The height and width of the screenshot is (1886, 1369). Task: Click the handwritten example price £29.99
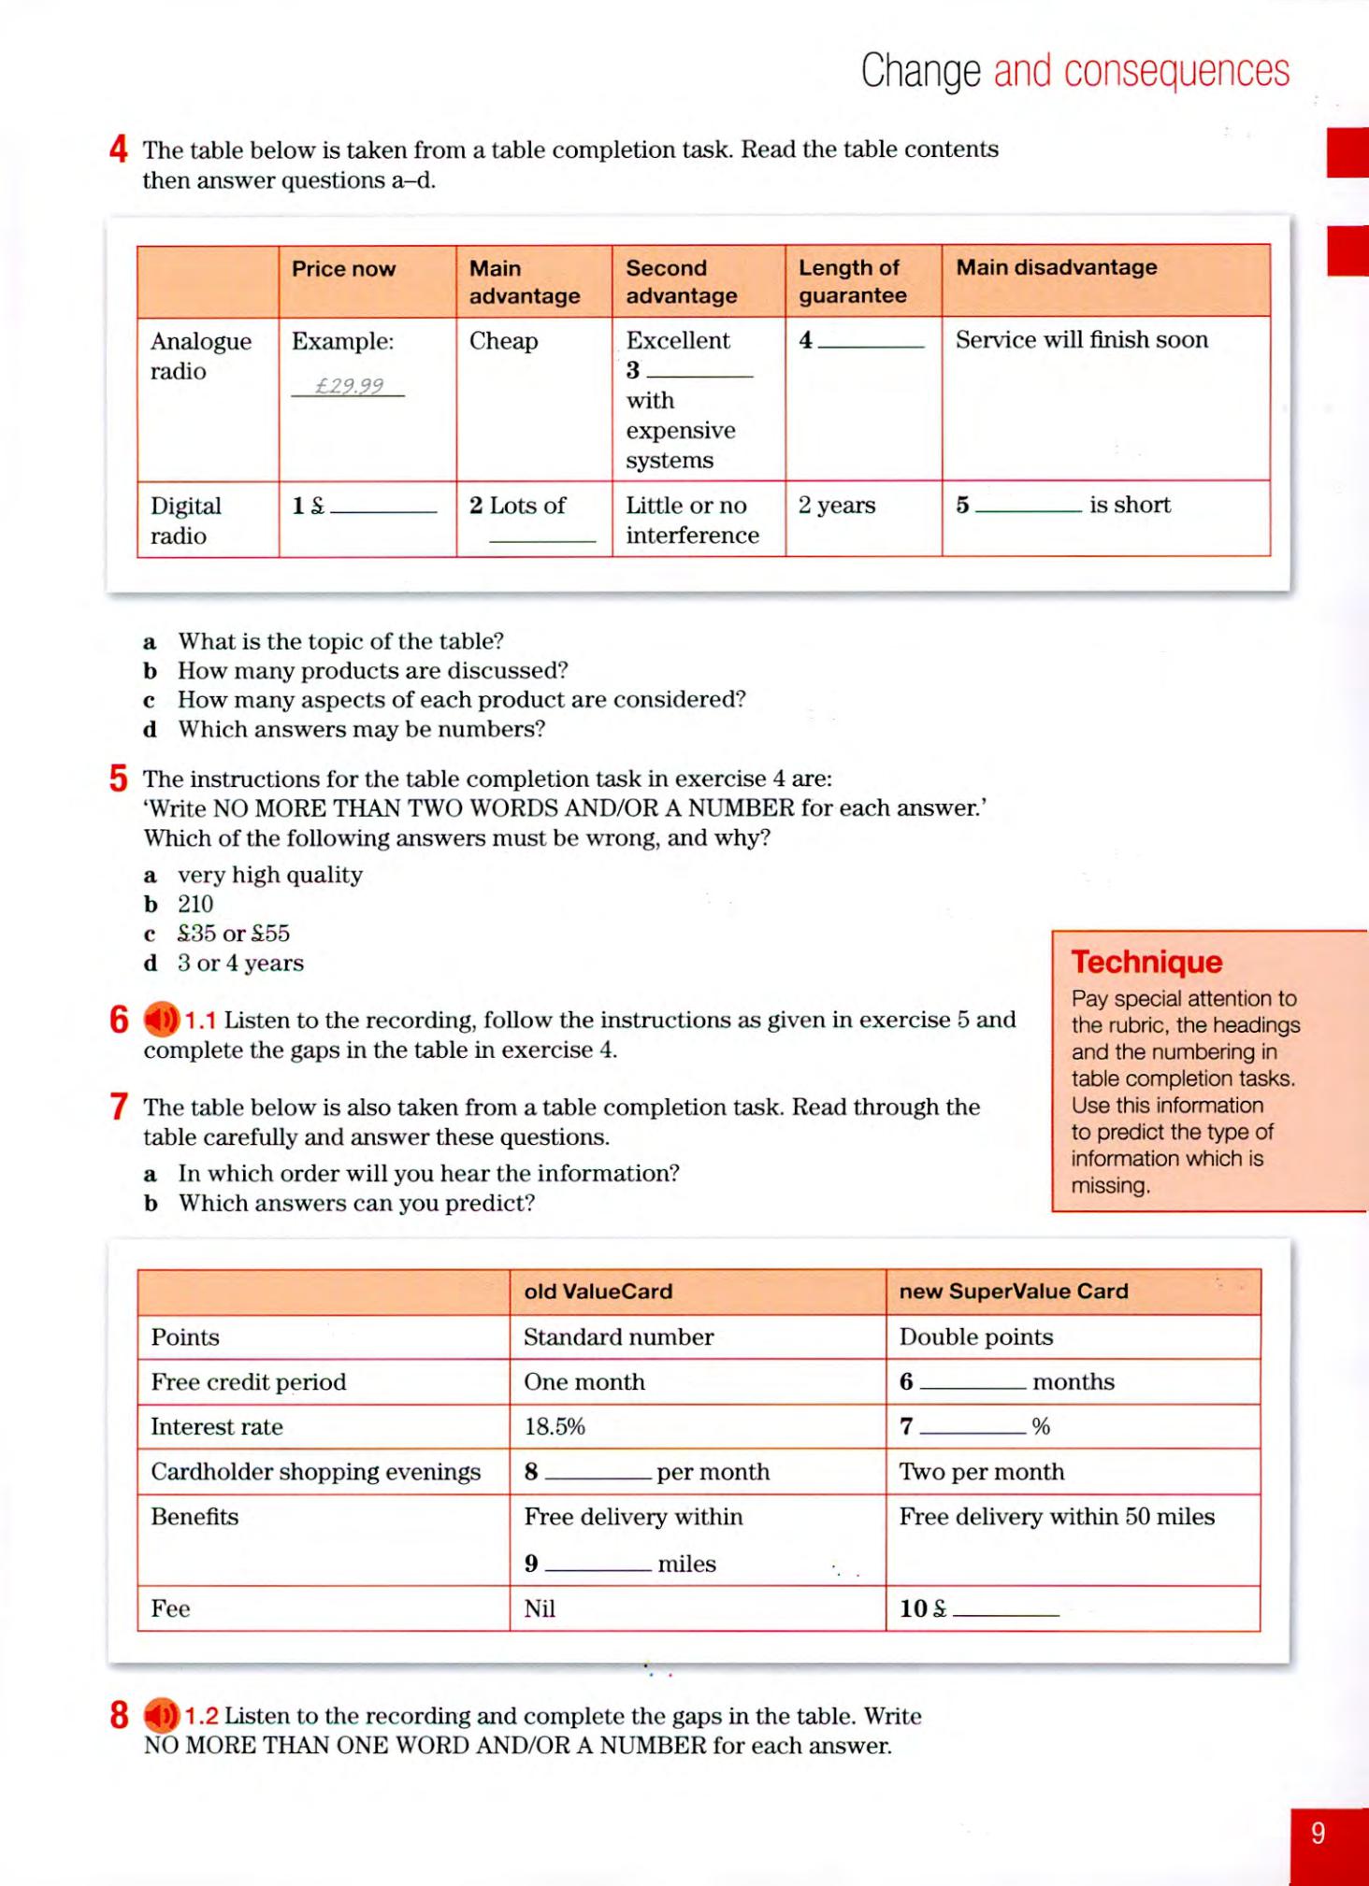pyautogui.click(x=349, y=386)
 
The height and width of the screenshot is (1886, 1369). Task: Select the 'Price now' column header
pyautogui.click(x=343, y=269)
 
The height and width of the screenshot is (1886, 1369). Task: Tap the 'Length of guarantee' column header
pyautogui.click(x=852, y=281)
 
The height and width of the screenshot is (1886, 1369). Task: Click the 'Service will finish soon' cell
pyautogui.click(x=1081, y=340)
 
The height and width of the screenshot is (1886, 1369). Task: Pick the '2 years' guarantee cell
pyautogui.click(x=837, y=506)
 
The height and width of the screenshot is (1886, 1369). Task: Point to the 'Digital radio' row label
pyautogui.click(x=185, y=521)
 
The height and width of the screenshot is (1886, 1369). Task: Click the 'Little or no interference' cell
pyautogui.click(x=692, y=521)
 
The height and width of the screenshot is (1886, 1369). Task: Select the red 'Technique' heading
pyautogui.click(x=1146, y=962)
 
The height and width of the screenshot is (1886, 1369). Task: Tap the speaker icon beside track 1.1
pyautogui.click(x=161, y=1020)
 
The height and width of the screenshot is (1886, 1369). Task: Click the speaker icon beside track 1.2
pyautogui.click(x=161, y=1716)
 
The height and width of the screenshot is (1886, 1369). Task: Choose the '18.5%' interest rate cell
pyautogui.click(x=555, y=1427)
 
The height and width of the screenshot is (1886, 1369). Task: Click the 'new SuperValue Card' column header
pyautogui.click(x=1014, y=1292)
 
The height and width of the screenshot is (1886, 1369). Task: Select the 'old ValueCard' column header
pyautogui.click(x=598, y=1292)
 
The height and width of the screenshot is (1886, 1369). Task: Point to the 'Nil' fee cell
pyautogui.click(x=540, y=1608)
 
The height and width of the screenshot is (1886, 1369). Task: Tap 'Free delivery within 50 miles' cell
pyautogui.click(x=1057, y=1517)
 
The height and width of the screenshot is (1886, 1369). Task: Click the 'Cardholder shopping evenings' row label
pyautogui.click(x=315, y=1472)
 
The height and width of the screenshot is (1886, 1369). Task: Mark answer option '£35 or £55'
pyautogui.click(x=234, y=934)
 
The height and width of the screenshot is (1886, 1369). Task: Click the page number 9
pyautogui.click(x=1318, y=1834)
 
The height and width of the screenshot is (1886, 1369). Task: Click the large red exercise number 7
pyautogui.click(x=119, y=1107)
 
